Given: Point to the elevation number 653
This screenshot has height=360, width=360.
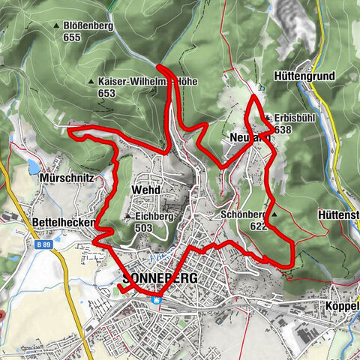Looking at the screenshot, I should point(106,93).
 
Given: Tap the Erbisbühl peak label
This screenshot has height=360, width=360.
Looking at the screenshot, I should point(293,118).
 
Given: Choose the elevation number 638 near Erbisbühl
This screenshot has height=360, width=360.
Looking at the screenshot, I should point(284,129).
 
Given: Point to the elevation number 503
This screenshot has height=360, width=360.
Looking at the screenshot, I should point(145,227).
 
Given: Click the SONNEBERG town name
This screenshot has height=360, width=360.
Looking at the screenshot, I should point(159,278).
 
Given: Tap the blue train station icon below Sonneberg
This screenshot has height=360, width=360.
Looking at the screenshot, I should point(157,299).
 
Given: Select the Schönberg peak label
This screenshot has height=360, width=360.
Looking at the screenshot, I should point(244,214).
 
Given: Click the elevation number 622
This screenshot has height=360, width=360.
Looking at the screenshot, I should point(257,225).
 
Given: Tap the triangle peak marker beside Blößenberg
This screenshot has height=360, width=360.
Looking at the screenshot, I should point(56,26).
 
